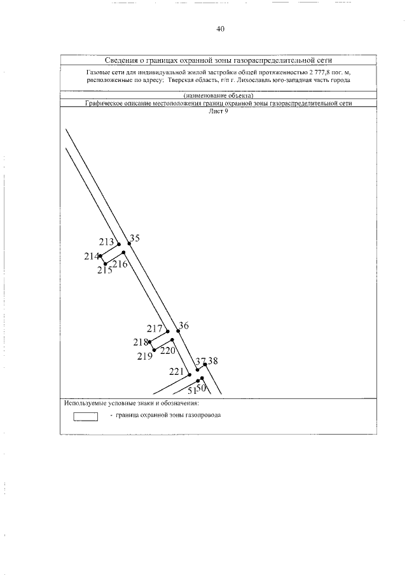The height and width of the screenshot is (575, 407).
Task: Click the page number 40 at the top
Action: point(221,29)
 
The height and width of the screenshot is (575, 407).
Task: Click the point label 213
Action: point(107,242)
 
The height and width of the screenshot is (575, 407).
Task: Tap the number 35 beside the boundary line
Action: point(134,238)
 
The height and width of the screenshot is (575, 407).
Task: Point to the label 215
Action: point(105,270)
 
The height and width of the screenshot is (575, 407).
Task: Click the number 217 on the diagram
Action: point(155,329)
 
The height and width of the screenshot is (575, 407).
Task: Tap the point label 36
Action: point(183,325)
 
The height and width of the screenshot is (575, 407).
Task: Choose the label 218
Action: point(141,342)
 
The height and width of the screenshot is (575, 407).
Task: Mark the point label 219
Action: point(144,356)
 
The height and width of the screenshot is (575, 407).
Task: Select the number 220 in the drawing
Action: point(167,350)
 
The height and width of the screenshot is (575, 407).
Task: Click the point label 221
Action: point(177,372)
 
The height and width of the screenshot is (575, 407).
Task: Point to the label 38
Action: point(213,361)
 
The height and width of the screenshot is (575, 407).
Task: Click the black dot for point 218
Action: point(149,342)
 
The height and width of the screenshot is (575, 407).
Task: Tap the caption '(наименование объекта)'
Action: point(218,96)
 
